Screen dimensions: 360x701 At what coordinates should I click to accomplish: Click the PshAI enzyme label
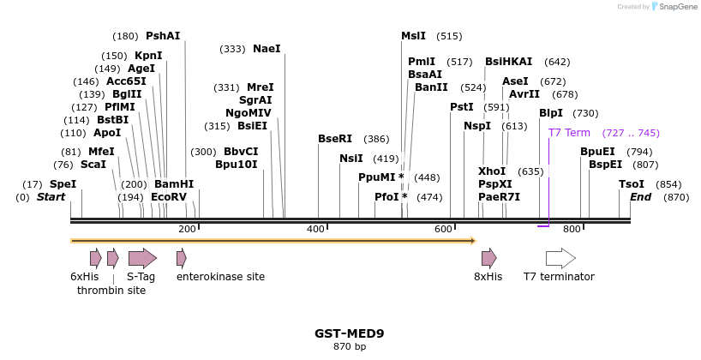coord(163,36)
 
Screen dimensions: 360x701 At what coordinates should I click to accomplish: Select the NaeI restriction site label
coord(267,49)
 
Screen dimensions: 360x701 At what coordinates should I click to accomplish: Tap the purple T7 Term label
coord(569,133)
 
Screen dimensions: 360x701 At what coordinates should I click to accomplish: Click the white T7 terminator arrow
coord(560,258)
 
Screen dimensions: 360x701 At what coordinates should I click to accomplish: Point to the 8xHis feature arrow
coord(488,258)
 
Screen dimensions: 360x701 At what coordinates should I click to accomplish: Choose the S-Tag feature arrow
coord(142,258)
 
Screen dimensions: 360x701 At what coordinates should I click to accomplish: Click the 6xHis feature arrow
coord(95,258)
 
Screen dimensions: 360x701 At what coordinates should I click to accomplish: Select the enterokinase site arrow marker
coord(181,258)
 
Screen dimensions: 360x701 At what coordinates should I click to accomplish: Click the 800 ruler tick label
coord(572,229)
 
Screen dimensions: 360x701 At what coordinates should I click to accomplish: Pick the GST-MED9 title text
coord(349,333)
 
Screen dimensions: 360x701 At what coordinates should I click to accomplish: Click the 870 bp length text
coord(349,347)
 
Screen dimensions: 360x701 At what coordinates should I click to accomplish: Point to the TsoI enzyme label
coord(632,184)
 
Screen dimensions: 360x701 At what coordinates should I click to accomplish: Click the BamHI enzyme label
coord(174,184)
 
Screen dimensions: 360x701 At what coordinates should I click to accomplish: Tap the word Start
coord(51,197)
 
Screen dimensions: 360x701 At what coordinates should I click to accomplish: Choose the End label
coord(640,197)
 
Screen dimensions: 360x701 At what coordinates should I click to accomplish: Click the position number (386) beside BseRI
coord(376,139)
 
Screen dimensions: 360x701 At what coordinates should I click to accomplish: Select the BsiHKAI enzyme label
coord(508,62)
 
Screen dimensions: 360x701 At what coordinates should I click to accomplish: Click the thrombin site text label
coord(111,291)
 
